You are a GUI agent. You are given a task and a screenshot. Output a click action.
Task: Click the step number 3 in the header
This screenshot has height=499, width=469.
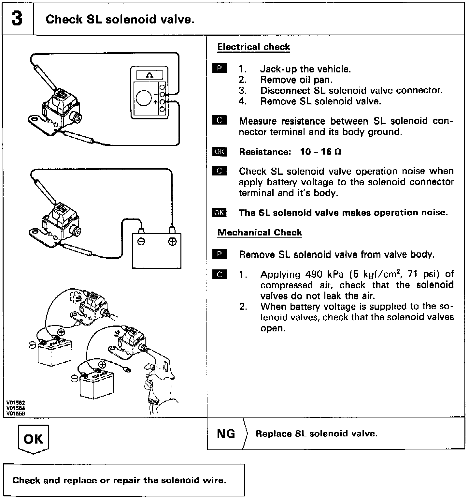click(17, 19)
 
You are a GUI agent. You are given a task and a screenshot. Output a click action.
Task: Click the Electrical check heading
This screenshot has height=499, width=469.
click(253, 47)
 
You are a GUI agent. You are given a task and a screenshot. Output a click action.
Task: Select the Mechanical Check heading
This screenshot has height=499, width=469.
click(260, 233)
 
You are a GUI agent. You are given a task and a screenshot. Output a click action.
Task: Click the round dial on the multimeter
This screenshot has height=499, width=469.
click(144, 98)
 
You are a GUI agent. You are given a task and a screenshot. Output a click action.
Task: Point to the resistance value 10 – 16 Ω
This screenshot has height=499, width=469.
click(320, 152)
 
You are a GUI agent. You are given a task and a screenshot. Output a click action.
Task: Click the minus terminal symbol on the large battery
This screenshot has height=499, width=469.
click(141, 242)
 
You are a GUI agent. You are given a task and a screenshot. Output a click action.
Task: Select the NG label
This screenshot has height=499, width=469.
click(226, 434)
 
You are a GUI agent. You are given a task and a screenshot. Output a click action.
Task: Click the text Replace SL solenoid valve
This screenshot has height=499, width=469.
click(317, 434)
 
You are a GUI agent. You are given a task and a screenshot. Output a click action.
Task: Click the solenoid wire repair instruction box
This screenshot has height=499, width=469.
click(124, 480)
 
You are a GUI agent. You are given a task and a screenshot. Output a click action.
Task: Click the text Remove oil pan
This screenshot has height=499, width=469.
click(296, 80)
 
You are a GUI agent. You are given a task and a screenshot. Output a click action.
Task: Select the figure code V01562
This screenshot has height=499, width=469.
click(15, 403)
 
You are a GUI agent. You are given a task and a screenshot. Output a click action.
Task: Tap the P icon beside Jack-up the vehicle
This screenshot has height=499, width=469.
click(219, 69)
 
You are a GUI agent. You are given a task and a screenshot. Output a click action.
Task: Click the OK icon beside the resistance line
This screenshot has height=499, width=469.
click(219, 152)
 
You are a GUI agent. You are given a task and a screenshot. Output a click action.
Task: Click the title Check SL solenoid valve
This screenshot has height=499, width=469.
click(120, 20)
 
